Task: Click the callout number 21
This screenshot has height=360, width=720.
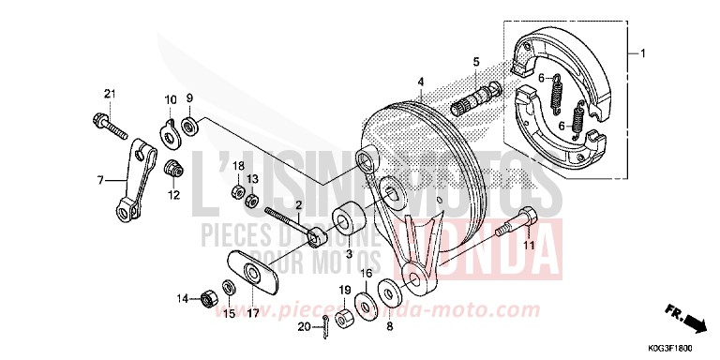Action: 109,93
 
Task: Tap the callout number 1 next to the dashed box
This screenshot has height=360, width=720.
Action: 642,52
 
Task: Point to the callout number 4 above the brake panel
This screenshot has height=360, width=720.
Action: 422,82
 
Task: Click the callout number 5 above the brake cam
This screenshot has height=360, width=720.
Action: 476,62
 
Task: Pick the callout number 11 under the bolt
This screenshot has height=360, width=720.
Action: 528,245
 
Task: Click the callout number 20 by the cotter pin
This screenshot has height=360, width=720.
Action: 303,326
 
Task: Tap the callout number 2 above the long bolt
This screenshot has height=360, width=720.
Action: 299,204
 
